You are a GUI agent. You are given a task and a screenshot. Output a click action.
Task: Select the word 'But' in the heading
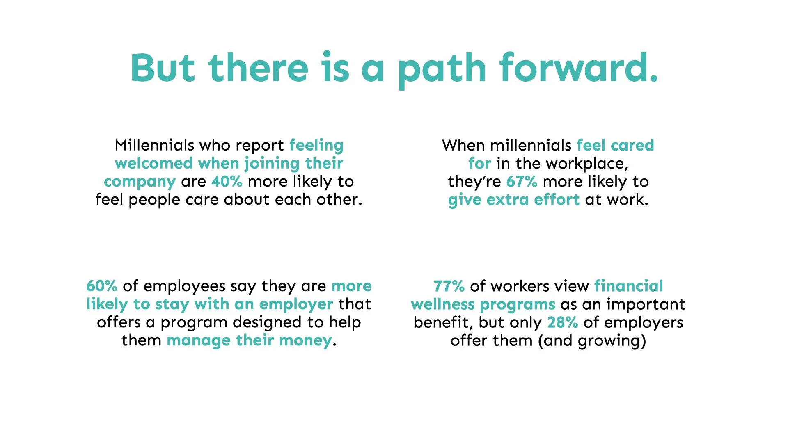[163, 68]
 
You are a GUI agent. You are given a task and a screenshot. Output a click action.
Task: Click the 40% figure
[227, 181]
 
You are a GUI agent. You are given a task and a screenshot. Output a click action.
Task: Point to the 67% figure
[522, 181]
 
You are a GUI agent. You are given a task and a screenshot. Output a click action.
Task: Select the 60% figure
[102, 286]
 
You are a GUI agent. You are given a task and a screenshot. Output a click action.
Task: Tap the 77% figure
[449, 286]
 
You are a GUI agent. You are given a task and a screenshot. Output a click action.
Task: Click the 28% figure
[563, 322]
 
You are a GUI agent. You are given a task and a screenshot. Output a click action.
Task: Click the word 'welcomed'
[154, 163]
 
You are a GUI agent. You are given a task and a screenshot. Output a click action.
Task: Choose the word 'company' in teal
[140, 182]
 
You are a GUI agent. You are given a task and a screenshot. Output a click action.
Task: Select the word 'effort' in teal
[557, 200]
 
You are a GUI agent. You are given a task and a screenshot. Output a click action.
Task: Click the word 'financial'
[628, 286]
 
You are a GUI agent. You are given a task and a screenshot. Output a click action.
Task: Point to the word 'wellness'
[443, 304]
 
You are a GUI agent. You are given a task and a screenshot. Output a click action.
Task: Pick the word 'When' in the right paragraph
[464, 145]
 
